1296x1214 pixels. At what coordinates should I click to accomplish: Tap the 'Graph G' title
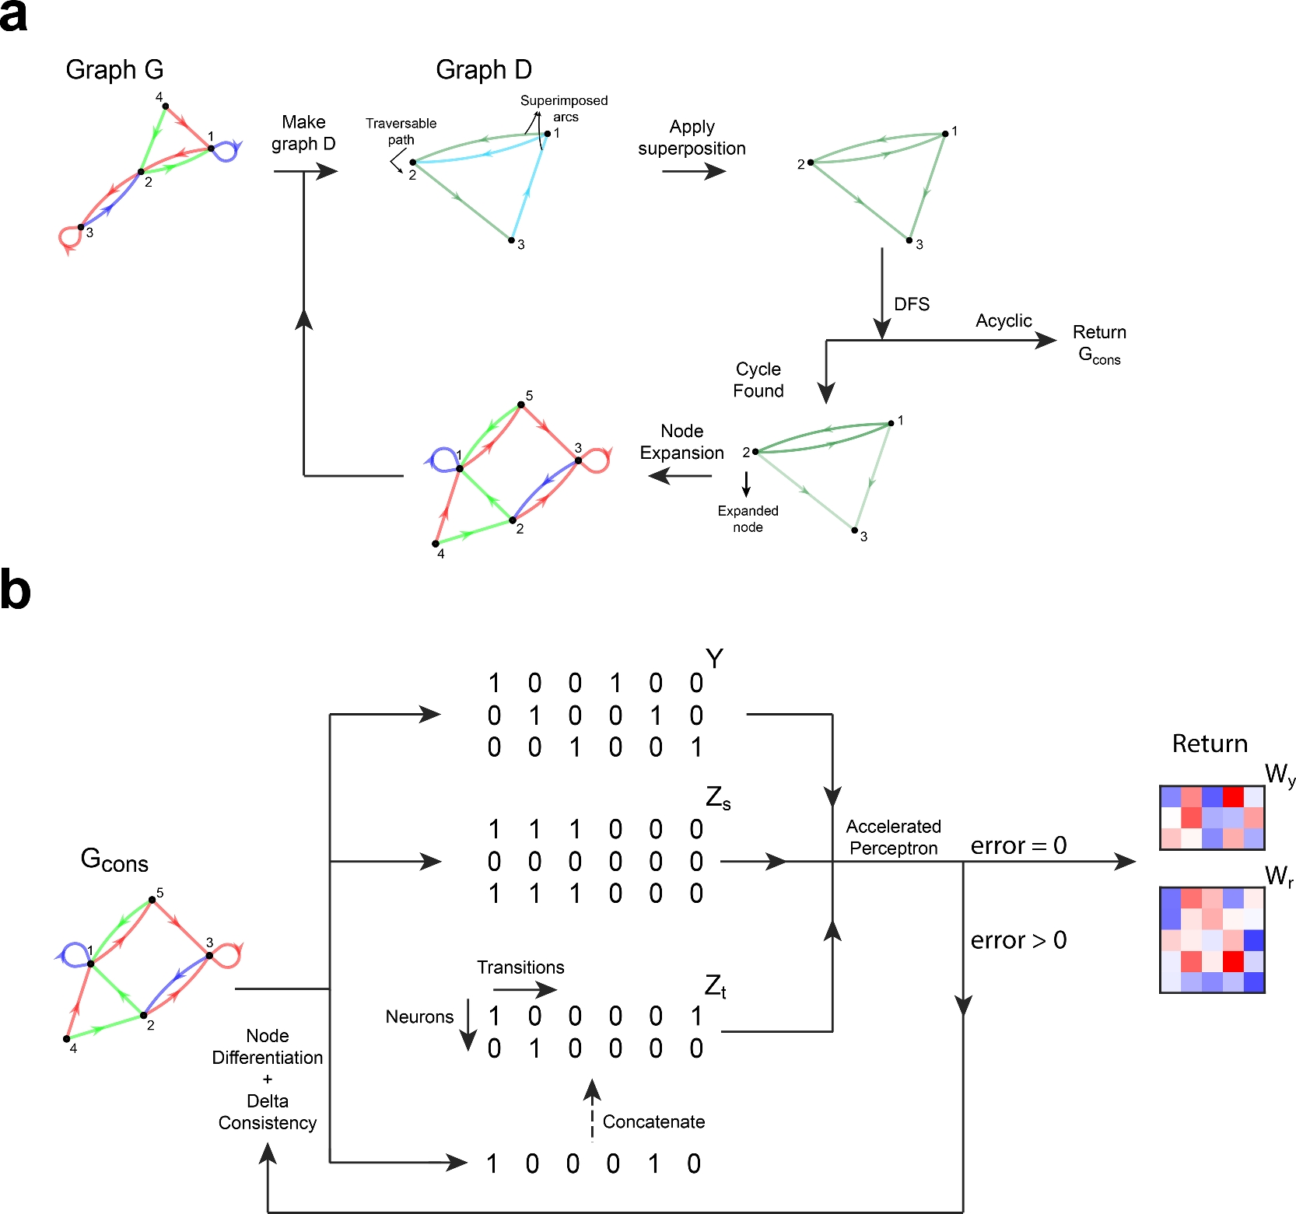[x=114, y=70]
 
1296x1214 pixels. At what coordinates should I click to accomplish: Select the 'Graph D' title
[x=483, y=70]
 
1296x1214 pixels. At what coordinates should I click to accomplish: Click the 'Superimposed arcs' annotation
[x=564, y=108]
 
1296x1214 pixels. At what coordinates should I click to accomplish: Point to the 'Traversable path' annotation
[x=401, y=131]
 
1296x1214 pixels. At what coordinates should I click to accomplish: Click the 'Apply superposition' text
[x=692, y=138]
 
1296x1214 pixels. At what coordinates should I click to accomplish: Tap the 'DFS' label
[x=912, y=304]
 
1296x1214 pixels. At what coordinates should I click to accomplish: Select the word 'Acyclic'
[x=1004, y=320]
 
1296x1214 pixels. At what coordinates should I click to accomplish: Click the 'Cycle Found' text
[x=758, y=380]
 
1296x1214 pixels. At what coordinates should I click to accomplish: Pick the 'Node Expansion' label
[x=681, y=442]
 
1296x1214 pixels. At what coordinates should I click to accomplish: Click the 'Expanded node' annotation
[x=748, y=519]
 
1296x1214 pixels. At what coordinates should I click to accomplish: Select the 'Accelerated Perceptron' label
[x=893, y=837]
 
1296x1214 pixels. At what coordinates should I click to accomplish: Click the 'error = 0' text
[x=1018, y=845]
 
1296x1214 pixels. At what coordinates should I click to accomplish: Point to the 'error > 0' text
[x=1018, y=940]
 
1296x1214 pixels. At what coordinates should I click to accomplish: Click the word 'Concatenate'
[x=653, y=1121]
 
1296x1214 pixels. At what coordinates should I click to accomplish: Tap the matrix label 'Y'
[x=714, y=659]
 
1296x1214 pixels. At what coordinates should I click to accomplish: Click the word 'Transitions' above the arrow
[x=520, y=967]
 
